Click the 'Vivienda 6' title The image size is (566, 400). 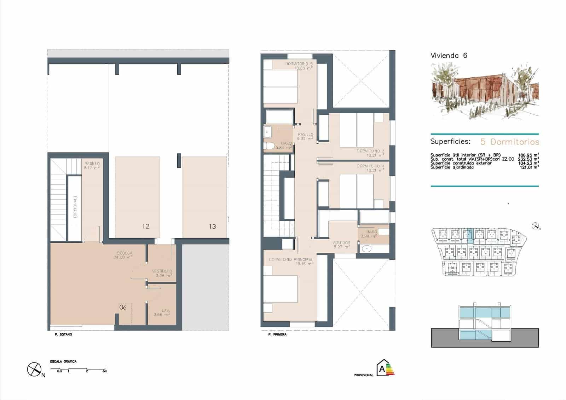click(449, 56)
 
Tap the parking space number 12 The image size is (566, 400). click(146, 226)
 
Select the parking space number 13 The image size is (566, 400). click(212, 227)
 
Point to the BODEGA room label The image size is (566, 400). click(125, 253)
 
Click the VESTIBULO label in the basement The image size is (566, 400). click(162, 272)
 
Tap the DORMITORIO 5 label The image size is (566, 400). click(299, 64)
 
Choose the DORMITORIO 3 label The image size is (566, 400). click(370, 151)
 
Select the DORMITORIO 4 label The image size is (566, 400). click(370, 166)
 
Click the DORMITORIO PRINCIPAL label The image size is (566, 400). click(291, 259)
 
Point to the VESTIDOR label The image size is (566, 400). click(341, 243)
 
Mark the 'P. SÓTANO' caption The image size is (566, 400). click(63, 335)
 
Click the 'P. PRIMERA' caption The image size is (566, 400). click(277, 335)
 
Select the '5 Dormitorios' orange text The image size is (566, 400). click(510, 142)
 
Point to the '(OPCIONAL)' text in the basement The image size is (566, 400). click(75, 207)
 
